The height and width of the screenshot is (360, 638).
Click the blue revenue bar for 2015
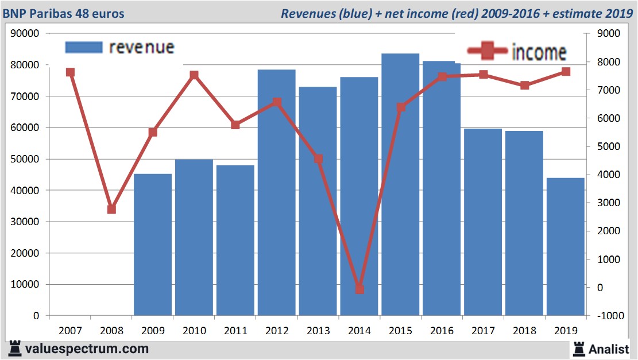[400, 184]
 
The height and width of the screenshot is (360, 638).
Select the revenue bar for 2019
[565, 247]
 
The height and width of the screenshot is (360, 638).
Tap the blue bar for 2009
[153, 244]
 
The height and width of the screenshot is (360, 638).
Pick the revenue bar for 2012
[276, 192]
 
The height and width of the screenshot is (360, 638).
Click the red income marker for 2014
[359, 289]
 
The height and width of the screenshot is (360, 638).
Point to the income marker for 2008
[111, 210]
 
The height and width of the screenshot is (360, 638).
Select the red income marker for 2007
[70, 72]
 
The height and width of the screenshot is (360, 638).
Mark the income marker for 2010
[194, 75]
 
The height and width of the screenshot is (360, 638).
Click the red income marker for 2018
[524, 86]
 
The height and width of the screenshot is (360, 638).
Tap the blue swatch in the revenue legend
[84, 47]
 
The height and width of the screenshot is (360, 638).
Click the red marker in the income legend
[488, 52]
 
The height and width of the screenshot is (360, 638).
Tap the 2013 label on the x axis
[318, 331]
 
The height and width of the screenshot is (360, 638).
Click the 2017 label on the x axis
[483, 331]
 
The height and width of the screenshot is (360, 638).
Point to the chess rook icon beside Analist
[579, 349]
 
